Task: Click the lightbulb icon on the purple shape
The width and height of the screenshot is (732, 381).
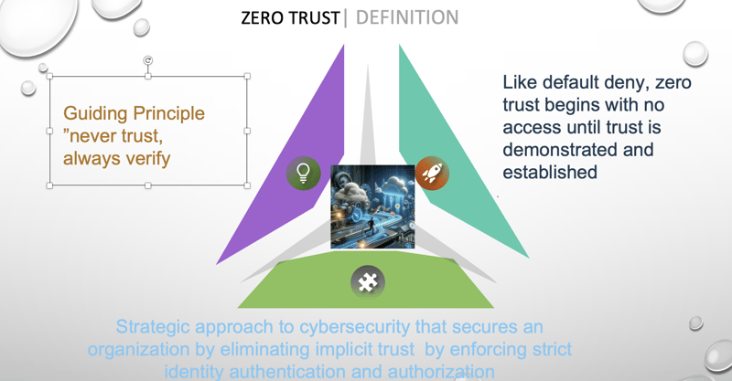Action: pos(304,173)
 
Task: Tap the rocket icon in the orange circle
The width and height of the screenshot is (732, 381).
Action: pos(432,173)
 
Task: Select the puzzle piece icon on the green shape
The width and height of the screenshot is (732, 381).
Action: pos(368,282)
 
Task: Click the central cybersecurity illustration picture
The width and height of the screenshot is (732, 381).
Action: pos(372,206)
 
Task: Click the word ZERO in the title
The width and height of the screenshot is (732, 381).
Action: pos(263,18)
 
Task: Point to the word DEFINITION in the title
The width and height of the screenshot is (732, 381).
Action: pos(407,17)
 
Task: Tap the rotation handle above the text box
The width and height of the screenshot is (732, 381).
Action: pos(148,60)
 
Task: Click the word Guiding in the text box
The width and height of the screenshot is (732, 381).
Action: pos(96,114)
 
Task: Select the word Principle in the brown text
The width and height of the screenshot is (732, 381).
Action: pos(169,114)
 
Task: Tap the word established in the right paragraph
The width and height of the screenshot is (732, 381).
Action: pos(550,172)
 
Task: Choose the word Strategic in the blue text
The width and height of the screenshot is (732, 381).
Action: pos(153,327)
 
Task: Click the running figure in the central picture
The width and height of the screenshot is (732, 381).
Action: pos(370,227)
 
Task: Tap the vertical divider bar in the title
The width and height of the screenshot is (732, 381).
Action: pos(346,17)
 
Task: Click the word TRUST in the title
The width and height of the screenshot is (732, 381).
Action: pos(315,18)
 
